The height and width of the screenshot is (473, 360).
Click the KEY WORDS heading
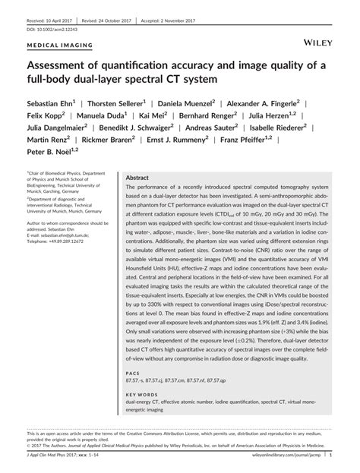pos(141,394)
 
